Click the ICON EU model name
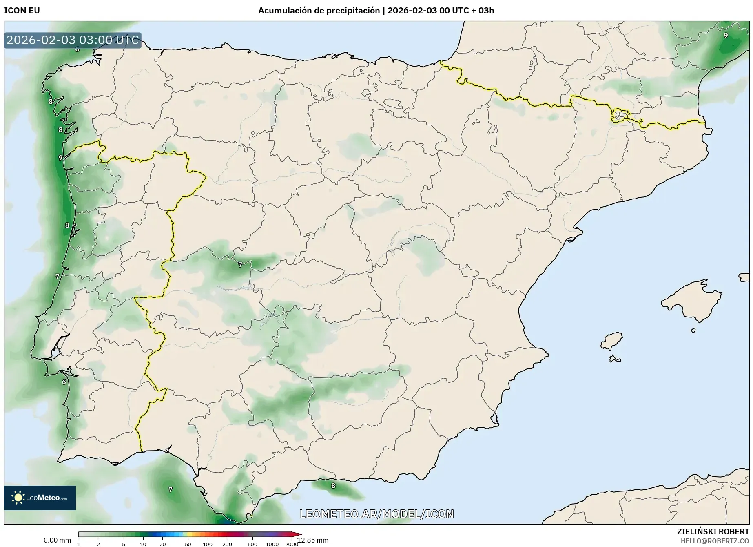(22, 11)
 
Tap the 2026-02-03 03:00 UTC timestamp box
(73, 40)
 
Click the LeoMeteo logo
(40, 498)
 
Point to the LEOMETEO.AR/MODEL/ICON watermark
(376, 514)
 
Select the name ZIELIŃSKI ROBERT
(713, 531)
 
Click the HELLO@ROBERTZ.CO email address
(715, 541)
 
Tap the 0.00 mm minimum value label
(57, 540)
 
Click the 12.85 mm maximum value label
(313, 540)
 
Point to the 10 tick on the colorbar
(143, 544)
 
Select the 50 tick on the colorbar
(188, 544)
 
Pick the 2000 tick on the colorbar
(291, 544)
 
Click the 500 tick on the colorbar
(252, 544)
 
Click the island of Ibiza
(612, 341)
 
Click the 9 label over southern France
(726, 36)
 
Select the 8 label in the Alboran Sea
(333, 486)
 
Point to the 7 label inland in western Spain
(240, 265)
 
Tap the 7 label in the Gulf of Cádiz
(171, 489)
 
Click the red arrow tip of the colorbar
(300, 534)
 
